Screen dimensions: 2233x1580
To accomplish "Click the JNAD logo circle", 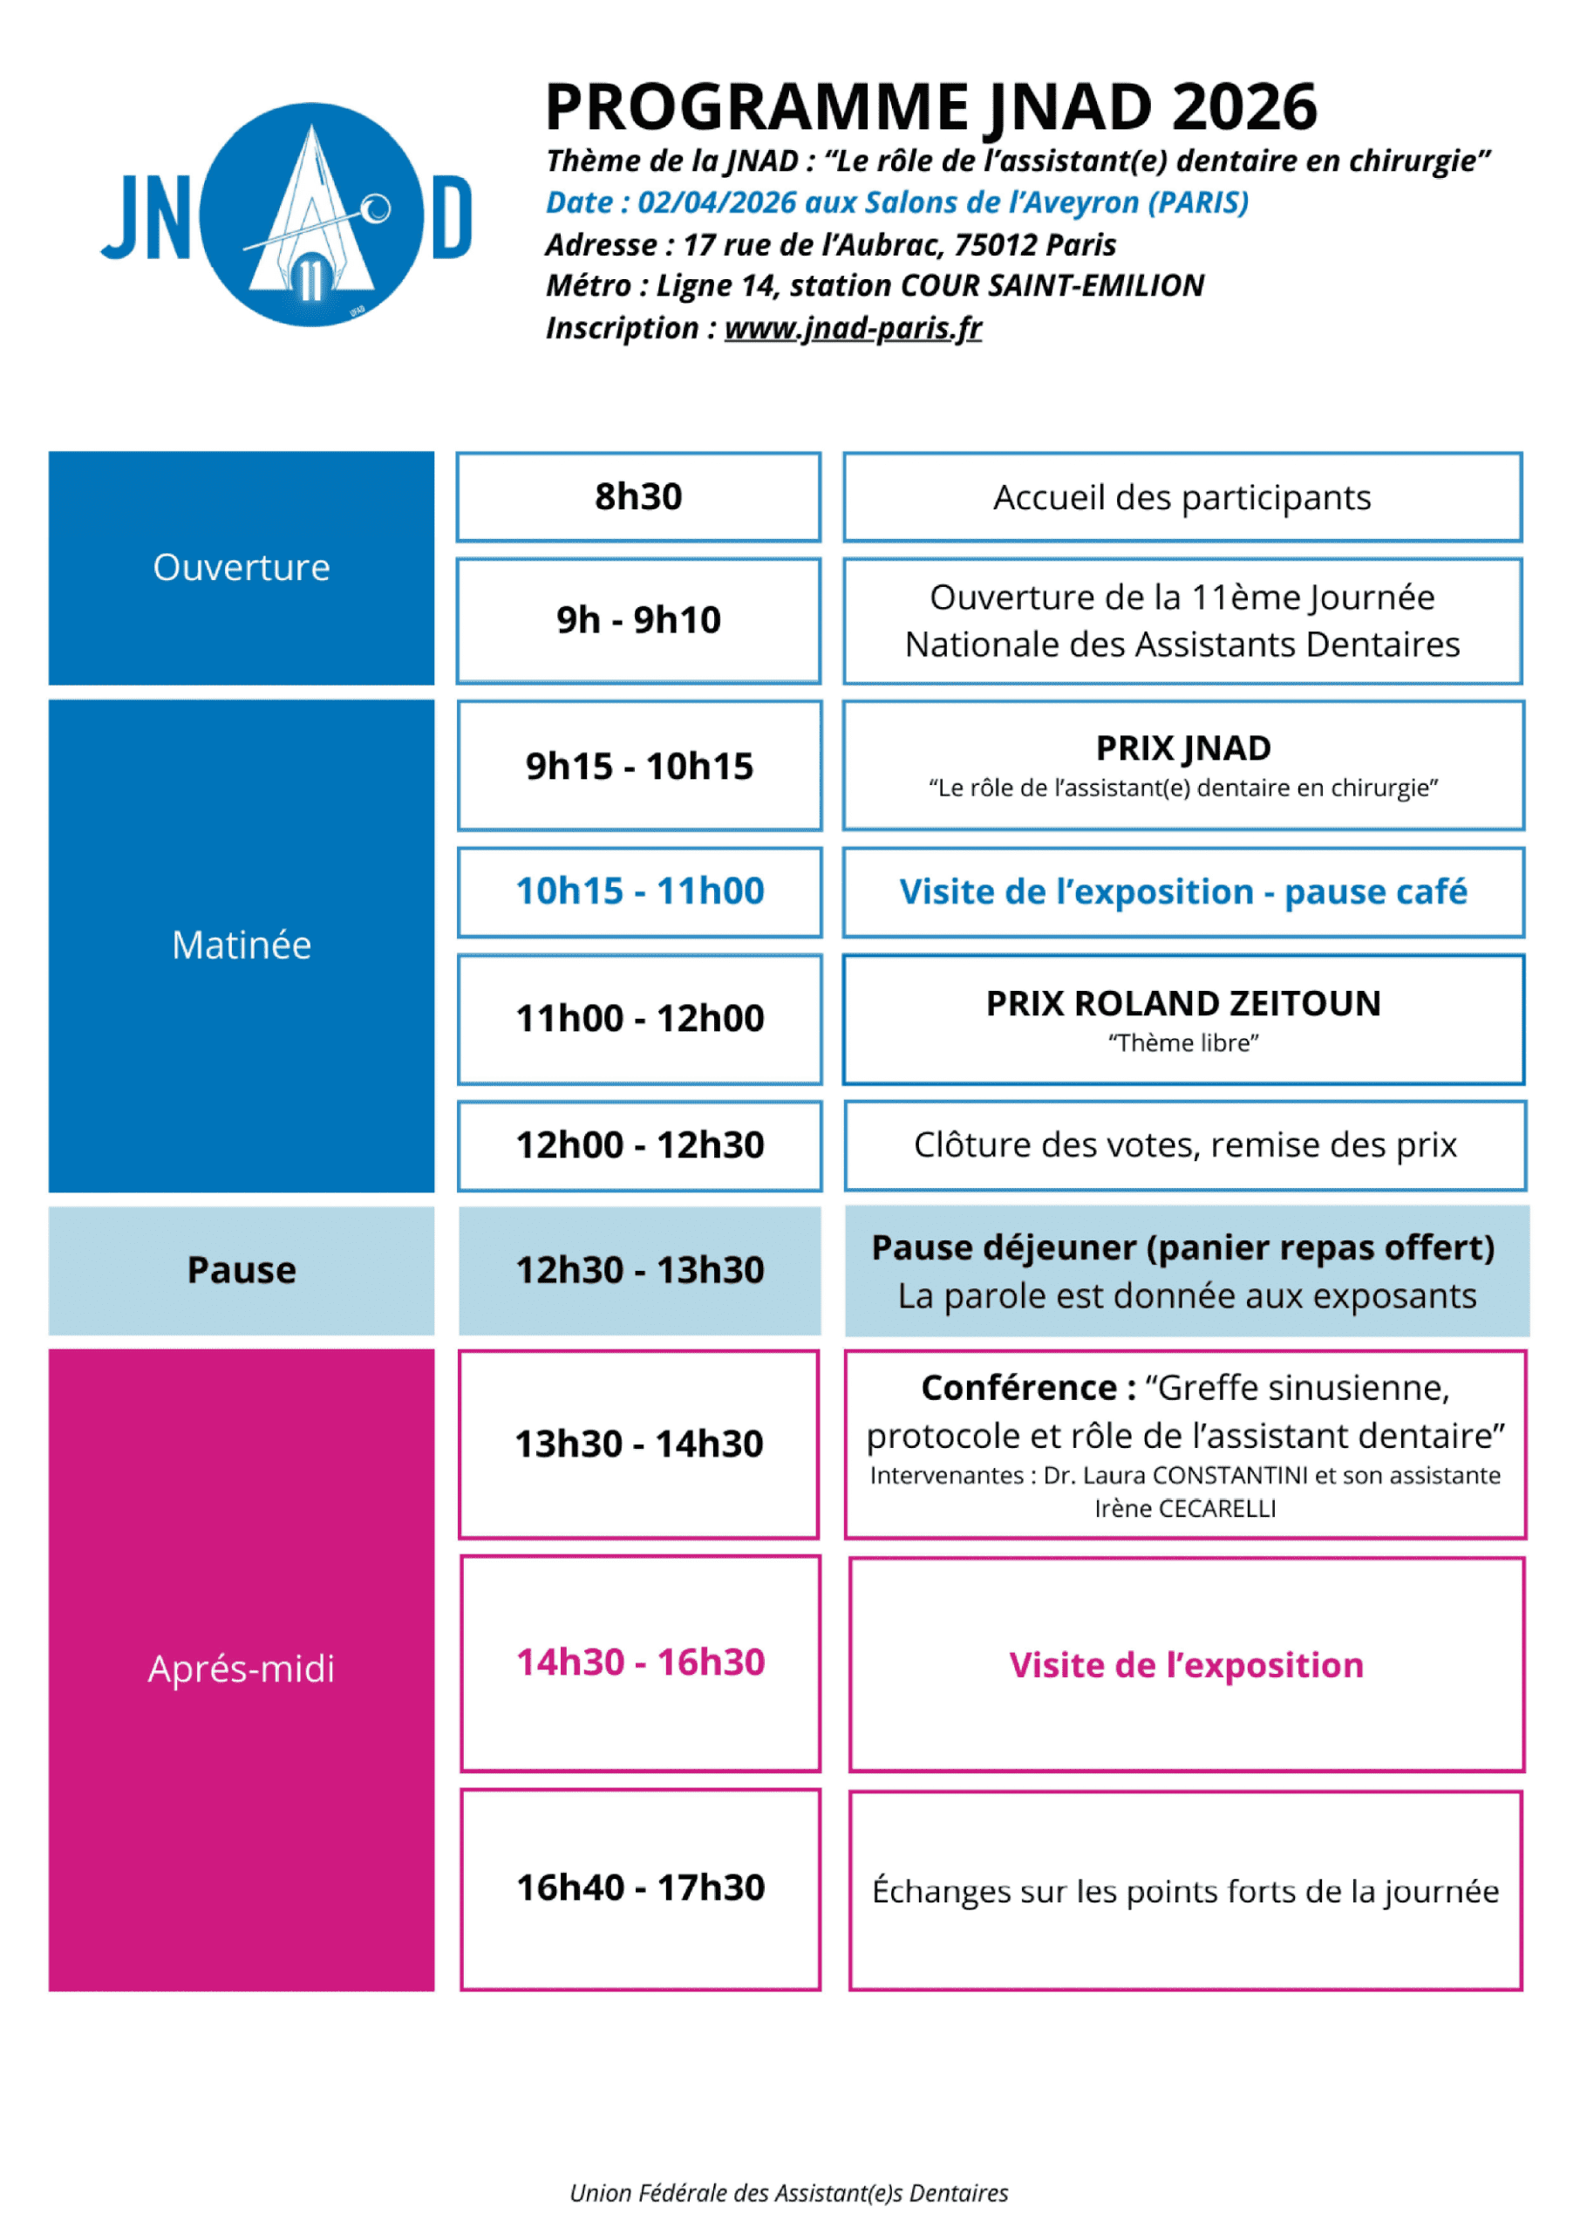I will point(310,214).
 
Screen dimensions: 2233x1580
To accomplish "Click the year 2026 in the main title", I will point(1244,107).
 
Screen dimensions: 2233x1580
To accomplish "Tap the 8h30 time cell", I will point(638,496).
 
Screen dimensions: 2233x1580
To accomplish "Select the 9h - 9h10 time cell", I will point(638,620).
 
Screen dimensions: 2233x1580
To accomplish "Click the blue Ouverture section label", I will point(242,567).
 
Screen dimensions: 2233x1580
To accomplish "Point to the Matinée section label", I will point(242,945).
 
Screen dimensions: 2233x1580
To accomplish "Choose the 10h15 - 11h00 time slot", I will point(639,891).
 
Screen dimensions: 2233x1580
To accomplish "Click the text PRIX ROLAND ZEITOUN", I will point(1183,1003).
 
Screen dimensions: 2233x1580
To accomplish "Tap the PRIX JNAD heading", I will point(1183,748).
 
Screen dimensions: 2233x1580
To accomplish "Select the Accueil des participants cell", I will point(1182,497).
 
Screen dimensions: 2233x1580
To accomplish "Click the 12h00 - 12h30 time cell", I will point(639,1145).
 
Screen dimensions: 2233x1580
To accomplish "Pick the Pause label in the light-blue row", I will point(242,1270).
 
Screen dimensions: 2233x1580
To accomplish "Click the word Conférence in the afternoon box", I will point(1018,1388).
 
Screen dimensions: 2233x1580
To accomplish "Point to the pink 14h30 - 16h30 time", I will point(640,1663).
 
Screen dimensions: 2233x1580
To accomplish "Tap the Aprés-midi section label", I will point(242,1669).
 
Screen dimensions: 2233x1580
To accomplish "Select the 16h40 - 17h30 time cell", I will point(640,1888).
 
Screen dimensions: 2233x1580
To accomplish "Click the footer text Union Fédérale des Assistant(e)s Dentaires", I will point(789,2193).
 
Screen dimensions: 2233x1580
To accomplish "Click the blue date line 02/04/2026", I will point(896,202).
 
